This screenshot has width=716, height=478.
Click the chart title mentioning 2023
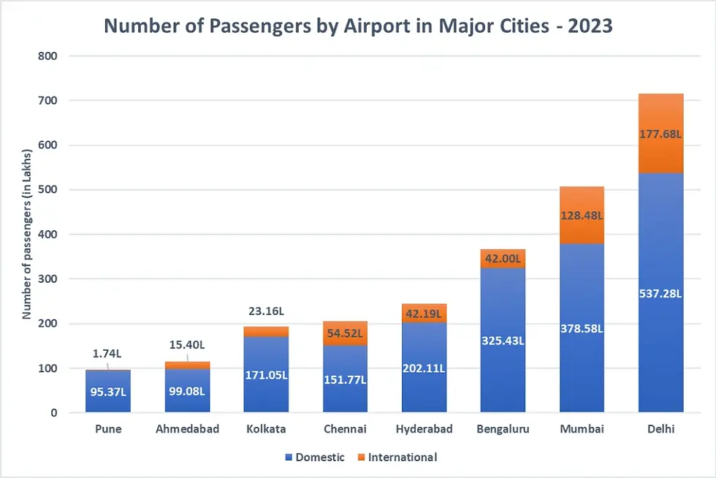pos(358,26)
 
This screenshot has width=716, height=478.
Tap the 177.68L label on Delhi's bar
pos(660,134)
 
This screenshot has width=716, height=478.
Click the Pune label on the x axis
pos(108,429)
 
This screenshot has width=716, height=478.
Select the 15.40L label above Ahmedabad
pos(188,344)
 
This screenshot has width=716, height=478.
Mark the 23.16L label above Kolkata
pos(266,311)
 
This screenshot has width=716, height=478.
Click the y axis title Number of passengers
pos(27,234)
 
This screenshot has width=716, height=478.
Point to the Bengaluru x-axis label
pos(503,429)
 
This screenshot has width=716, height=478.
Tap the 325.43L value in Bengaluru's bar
pos(503,341)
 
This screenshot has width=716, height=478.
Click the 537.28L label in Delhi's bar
pos(660,293)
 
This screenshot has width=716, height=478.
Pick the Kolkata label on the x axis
pos(266,429)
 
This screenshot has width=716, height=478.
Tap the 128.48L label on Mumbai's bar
pos(582,216)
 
